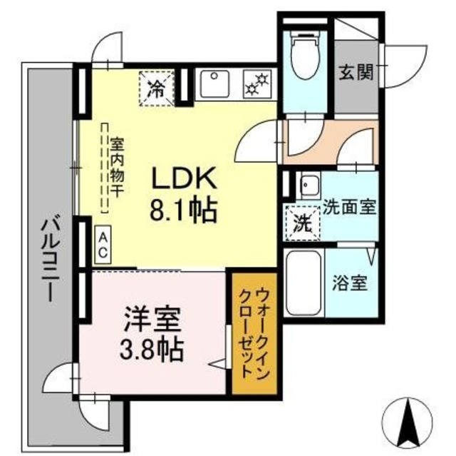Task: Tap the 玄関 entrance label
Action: click(353, 72)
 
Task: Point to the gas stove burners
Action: click(255, 83)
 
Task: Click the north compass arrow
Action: click(410, 422)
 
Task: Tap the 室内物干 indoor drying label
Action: click(113, 170)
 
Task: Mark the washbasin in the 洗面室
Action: click(309, 188)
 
